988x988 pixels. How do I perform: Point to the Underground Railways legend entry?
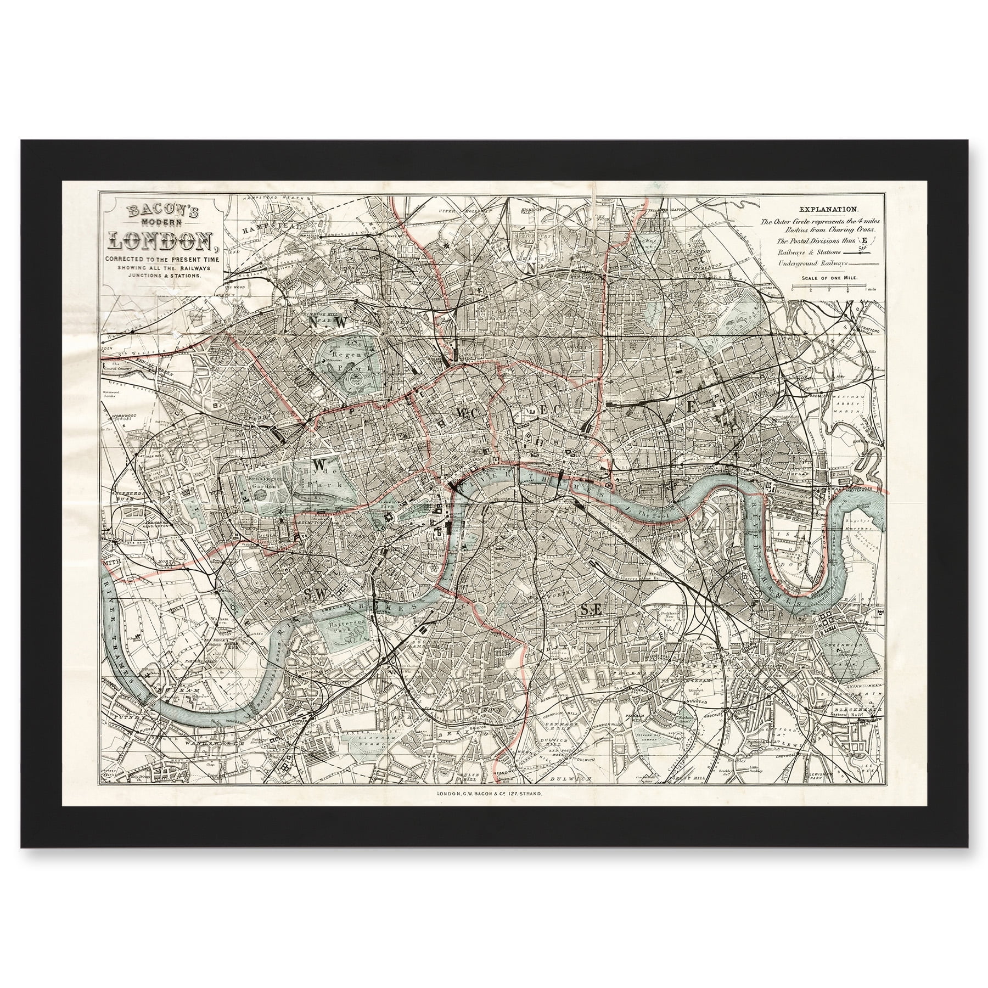(805, 263)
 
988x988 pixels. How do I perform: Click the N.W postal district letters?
(328, 323)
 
